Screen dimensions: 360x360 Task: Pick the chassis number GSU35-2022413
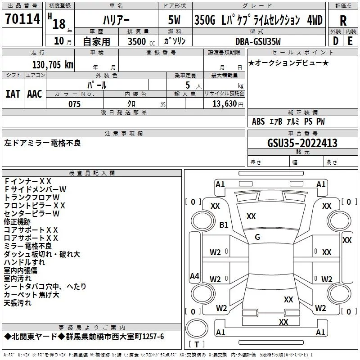pyautogui.click(x=296, y=143)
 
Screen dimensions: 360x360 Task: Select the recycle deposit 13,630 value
pyautogui.click(x=224, y=104)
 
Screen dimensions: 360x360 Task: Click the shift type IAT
pyautogui.click(x=13, y=94)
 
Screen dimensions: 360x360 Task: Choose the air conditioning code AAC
pyautogui.click(x=35, y=94)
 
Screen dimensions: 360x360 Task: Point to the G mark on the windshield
pyautogui.click(x=257, y=237)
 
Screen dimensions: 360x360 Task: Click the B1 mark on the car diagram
pyautogui.click(x=224, y=225)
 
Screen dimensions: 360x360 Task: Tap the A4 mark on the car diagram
pyautogui.click(x=194, y=276)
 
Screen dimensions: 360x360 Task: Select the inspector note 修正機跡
pyautogui.click(x=17, y=221)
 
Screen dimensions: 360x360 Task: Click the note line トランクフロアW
pyautogui.click(x=31, y=197)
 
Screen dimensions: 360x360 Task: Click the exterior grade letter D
pyautogui.click(x=335, y=41)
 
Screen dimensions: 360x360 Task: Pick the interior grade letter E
pyautogui.click(x=350, y=41)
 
